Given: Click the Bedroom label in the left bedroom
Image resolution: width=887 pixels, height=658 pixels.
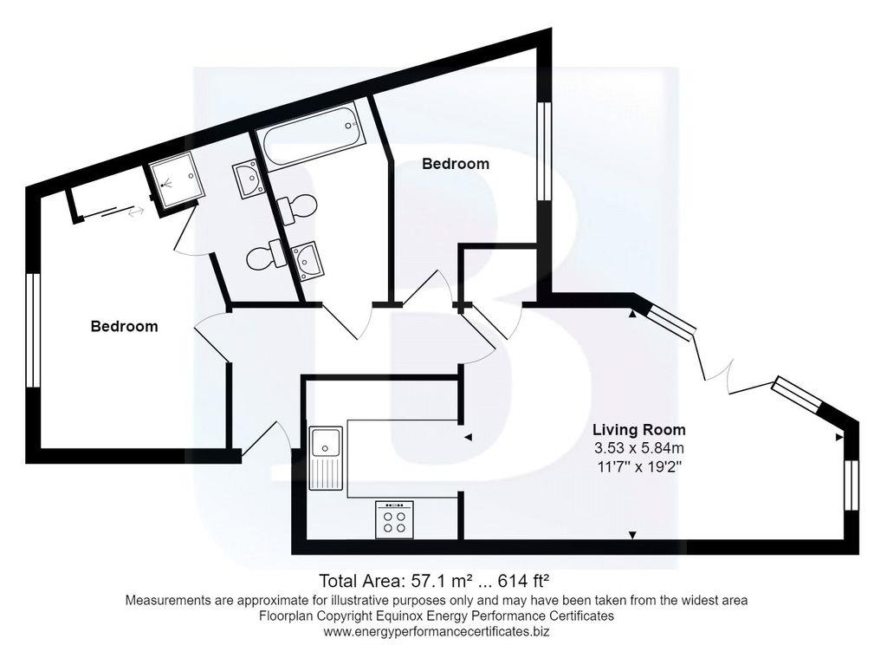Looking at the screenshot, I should (125, 327).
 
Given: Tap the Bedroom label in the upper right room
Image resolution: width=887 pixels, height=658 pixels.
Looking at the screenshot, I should (455, 164).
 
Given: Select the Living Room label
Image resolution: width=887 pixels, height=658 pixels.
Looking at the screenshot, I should (638, 430).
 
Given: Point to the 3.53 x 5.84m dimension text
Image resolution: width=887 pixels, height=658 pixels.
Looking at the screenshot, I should (638, 448).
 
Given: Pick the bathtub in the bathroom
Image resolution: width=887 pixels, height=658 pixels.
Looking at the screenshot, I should (309, 134).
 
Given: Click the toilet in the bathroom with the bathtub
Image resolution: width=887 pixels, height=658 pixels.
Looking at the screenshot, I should (295, 207).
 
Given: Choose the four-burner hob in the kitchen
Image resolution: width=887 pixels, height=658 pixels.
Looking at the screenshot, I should (394, 520).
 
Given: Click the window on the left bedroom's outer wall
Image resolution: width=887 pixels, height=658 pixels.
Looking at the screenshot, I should (33, 330).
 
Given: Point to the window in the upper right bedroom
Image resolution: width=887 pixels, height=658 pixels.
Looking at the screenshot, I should (544, 152).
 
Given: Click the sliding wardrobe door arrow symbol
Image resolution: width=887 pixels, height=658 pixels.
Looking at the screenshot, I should (135, 210).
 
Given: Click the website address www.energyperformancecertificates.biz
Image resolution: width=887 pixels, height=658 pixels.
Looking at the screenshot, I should (437, 632).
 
